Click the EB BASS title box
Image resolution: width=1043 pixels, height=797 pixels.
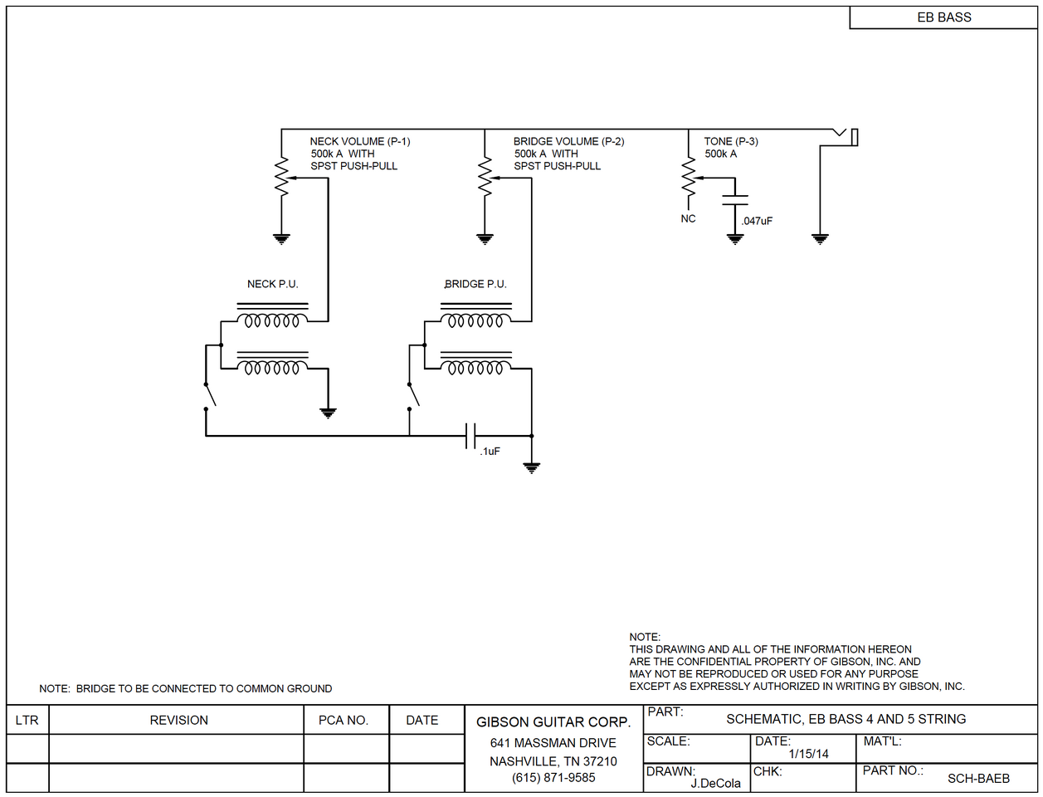pos(943,17)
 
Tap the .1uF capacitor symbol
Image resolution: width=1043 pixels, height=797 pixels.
pos(470,435)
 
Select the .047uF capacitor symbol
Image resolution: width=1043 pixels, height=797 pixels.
pos(735,199)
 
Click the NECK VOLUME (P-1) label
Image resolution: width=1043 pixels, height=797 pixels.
pos(359,142)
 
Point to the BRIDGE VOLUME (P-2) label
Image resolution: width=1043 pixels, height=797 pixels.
pos(568,142)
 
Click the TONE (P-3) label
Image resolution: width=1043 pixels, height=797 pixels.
pos(730,142)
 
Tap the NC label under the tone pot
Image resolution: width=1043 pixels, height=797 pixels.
pos(688,219)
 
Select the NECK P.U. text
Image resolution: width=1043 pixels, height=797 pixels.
pos(272,284)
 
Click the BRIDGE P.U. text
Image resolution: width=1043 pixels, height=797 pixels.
pos(475,284)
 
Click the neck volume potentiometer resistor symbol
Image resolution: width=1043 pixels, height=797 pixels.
pos(282,177)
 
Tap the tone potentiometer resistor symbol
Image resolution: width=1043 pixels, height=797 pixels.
pos(688,177)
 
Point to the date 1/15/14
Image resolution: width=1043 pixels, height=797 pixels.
pos(808,754)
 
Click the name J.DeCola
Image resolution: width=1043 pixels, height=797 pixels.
pos(715,783)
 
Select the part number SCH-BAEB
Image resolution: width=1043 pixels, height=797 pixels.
pos(978,779)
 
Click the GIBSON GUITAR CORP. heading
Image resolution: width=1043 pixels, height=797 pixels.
pos(553,722)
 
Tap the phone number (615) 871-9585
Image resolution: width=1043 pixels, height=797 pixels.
pos(553,778)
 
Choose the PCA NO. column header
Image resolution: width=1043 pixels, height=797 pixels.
pos(343,721)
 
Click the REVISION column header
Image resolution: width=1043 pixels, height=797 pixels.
pos(178,721)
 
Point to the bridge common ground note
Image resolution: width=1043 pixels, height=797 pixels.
pos(185,689)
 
